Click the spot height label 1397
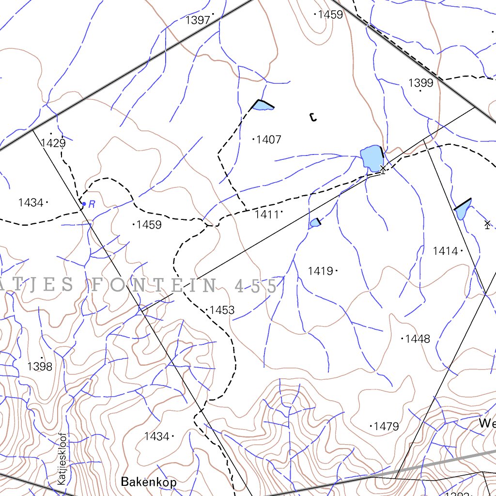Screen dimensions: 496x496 [x=198, y=20]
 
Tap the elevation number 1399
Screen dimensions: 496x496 [x=420, y=83]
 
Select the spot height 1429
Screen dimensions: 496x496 [x=53, y=143]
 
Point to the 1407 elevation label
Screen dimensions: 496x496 [x=268, y=140]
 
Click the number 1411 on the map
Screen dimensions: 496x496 [x=267, y=214]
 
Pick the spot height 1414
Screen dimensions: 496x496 [x=445, y=251]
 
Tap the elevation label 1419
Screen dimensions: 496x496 [x=320, y=271]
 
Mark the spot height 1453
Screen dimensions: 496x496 [x=222, y=310]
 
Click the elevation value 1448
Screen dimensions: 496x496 [x=418, y=339]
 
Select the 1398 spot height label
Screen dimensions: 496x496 [x=40, y=367]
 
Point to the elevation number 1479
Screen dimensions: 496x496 [x=387, y=427]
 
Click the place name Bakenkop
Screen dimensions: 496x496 [x=149, y=482]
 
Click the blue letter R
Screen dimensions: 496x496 [x=92, y=205]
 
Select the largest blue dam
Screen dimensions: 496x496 [x=371, y=157]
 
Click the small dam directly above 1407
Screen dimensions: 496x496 [x=263, y=105]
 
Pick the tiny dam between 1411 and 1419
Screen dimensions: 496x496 [x=315, y=223]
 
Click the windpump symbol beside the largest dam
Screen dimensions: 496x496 [x=383, y=169]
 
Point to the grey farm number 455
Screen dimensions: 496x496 [x=255, y=286]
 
